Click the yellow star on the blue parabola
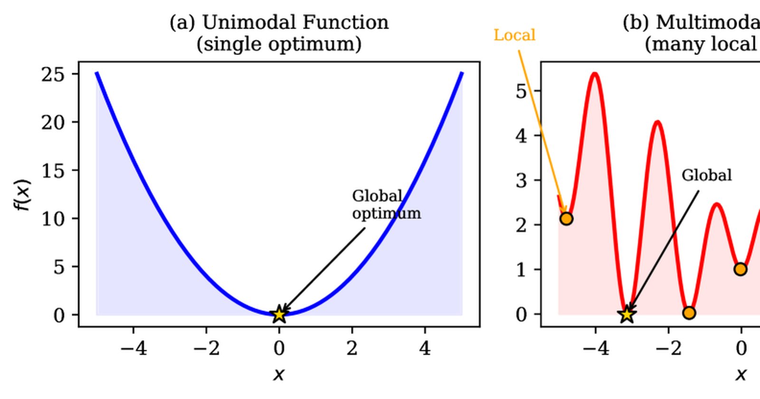(279, 314)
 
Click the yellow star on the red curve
(627, 314)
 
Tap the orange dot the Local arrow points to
(566, 218)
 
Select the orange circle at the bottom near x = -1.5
(689, 313)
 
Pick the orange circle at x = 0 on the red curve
(741, 269)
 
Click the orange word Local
(514, 35)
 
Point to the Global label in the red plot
(706, 175)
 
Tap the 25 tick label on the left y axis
(53, 74)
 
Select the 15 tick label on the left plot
(53, 171)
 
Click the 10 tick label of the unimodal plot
(53, 219)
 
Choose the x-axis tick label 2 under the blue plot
(352, 348)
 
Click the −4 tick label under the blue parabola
(133, 348)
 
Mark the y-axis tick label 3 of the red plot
(521, 180)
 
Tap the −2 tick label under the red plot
(668, 348)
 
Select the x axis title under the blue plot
(278, 374)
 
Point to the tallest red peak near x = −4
(595, 74)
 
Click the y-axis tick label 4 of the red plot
(521, 136)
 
